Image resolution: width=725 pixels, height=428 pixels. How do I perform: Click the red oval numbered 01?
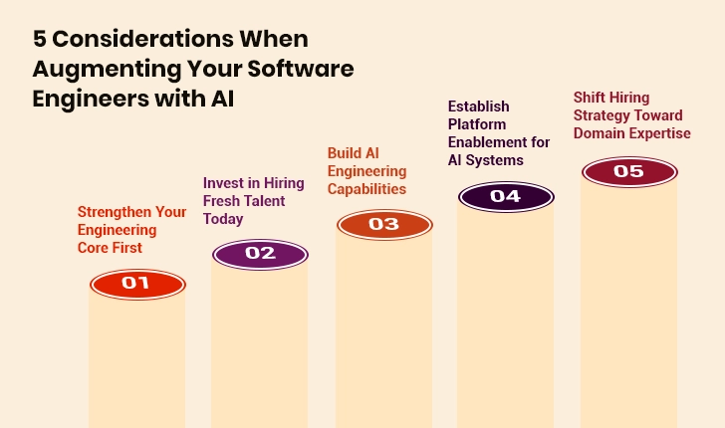pos(136,284)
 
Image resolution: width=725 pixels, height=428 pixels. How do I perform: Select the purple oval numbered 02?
pos(260,254)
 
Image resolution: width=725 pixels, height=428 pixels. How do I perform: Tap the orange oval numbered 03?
pos(383,224)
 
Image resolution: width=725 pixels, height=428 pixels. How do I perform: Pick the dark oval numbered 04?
pos(505,196)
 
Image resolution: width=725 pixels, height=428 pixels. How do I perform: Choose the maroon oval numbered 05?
pos(628,171)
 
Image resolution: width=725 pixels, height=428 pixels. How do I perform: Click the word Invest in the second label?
pos(223,183)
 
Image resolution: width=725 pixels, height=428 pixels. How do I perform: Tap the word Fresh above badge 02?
pos(223,201)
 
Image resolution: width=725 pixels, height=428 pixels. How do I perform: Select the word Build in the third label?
pos(346,152)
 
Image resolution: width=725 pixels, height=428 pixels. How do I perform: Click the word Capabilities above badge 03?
pos(366,188)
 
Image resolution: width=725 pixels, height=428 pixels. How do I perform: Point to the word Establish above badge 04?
pos(480,107)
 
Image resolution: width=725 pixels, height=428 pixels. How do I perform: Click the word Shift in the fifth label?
pos(591,98)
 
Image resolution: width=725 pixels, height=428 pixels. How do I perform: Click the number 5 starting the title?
pos(40,40)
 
